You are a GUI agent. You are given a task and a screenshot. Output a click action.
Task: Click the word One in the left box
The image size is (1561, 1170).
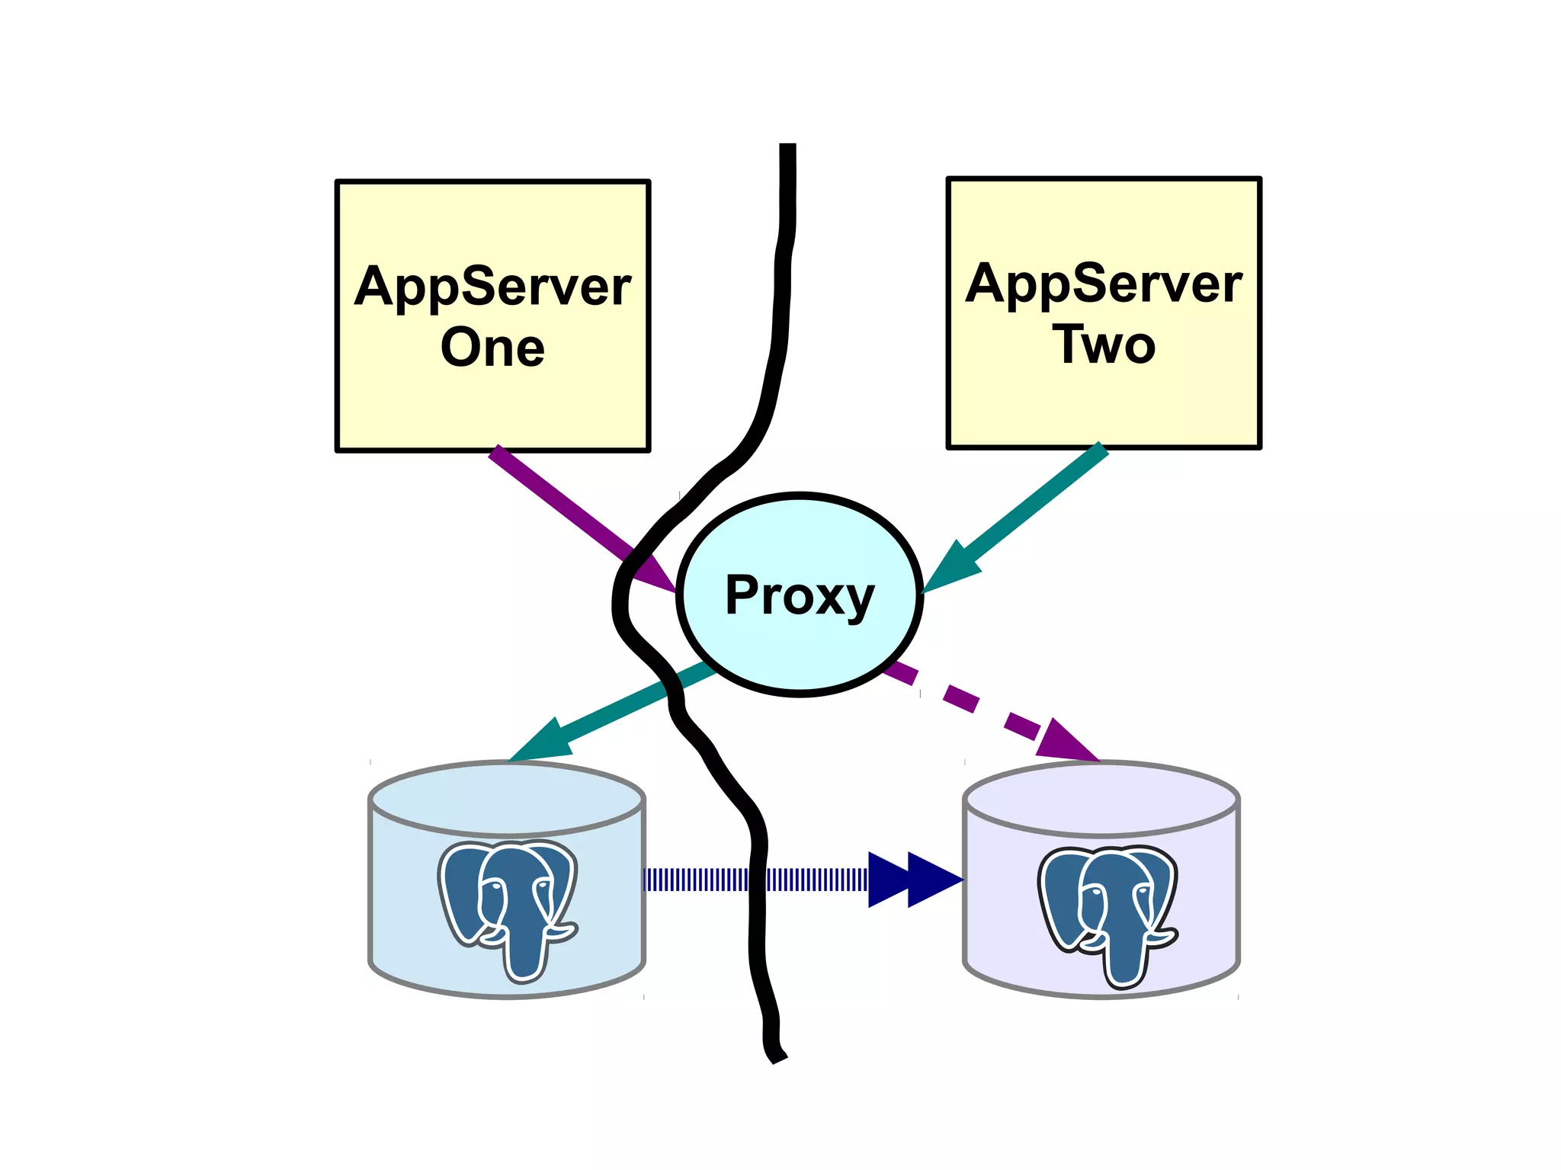(492, 348)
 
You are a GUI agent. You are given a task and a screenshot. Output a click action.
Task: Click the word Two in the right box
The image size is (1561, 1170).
(1104, 345)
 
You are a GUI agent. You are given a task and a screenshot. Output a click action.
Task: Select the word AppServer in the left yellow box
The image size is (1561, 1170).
(492, 287)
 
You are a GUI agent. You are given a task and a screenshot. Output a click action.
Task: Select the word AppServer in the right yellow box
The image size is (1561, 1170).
(1104, 284)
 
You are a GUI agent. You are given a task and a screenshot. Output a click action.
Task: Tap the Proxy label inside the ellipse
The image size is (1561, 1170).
(800, 595)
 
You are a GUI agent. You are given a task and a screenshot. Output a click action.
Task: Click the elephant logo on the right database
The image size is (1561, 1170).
(1107, 915)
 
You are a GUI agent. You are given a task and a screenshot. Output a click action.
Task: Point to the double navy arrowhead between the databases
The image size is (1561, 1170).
(915, 880)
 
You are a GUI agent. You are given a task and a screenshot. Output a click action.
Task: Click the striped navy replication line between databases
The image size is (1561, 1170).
(755, 880)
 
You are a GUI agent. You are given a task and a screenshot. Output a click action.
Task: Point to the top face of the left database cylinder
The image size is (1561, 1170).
(507, 797)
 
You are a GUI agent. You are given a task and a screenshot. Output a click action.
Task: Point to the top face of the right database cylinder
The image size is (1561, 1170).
(1101, 799)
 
